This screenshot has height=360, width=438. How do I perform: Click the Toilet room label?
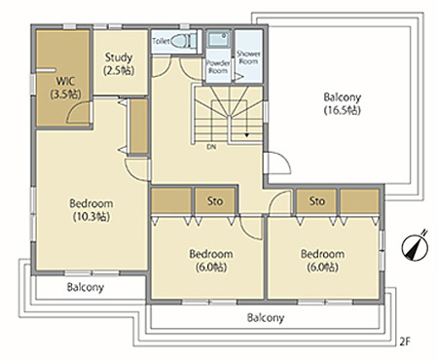(x=161, y=41)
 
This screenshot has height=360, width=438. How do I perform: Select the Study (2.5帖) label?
(x=119, y=64)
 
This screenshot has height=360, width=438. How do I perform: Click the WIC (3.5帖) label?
(x=65, y=88)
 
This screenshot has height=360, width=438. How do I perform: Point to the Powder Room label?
(x=218, y=66)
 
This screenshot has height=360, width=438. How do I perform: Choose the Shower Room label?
(x=248, y=57)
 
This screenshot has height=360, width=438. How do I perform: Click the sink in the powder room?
(x=218, y=39)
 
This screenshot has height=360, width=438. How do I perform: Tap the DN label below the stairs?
(x=211, y=147)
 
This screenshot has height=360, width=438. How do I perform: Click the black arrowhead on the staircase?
(x=247, y=135)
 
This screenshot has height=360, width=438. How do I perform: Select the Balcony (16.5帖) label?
(x=343, y=103)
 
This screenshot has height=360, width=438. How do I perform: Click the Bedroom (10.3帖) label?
(x=91, y=210)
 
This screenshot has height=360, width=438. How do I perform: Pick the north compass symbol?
(x=415, y=246)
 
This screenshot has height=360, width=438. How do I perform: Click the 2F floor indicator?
(x=405, y=342)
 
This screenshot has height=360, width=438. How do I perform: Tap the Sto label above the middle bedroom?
(x=215, y=201)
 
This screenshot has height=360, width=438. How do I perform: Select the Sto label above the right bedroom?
(x=317, y=201)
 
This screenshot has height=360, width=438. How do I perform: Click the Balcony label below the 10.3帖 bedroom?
(x=86, y=287)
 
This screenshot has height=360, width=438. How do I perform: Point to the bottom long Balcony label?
(x=266, y=317)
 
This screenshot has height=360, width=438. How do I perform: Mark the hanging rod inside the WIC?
(x=46, y=70)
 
